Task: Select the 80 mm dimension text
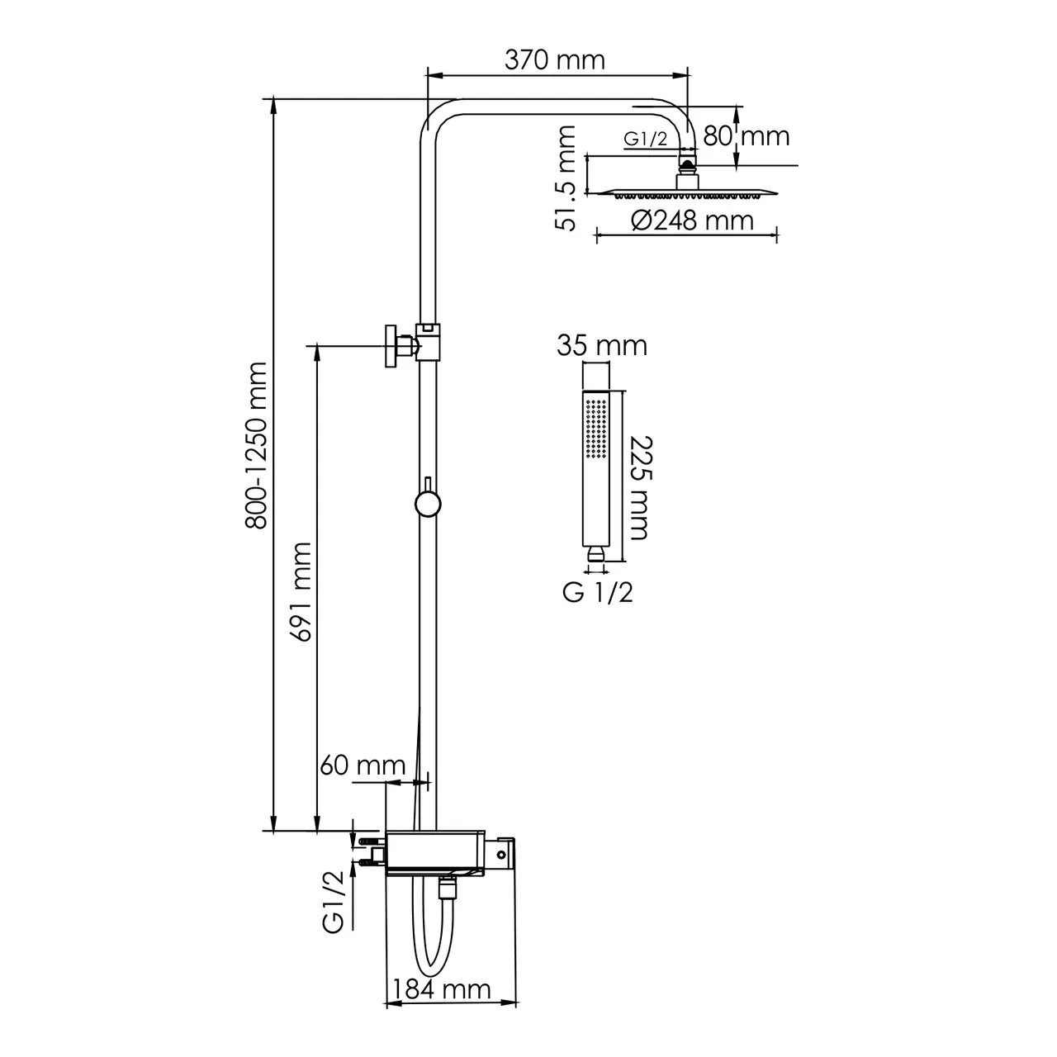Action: pyautogui.click(x=746, y=135)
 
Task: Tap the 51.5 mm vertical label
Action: pyautogui.click(x=566, y=178)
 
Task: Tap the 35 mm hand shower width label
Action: pyautogui.click(x=601, y=345)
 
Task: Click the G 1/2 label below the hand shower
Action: pyautogui.click(x=598, y=592)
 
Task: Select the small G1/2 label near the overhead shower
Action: pyautogui.click(x=645, y=140)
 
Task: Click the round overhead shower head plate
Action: pyautogui.click(x=684, y=193)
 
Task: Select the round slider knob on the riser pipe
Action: pyautogui.click(x=428, y=503)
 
